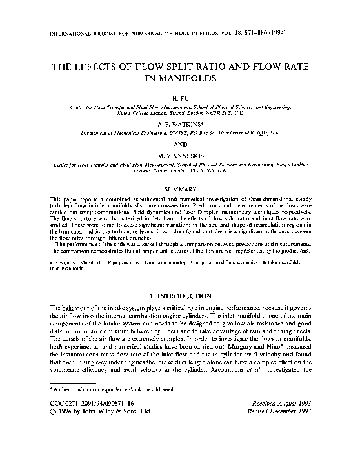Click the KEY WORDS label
pos(61,263)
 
